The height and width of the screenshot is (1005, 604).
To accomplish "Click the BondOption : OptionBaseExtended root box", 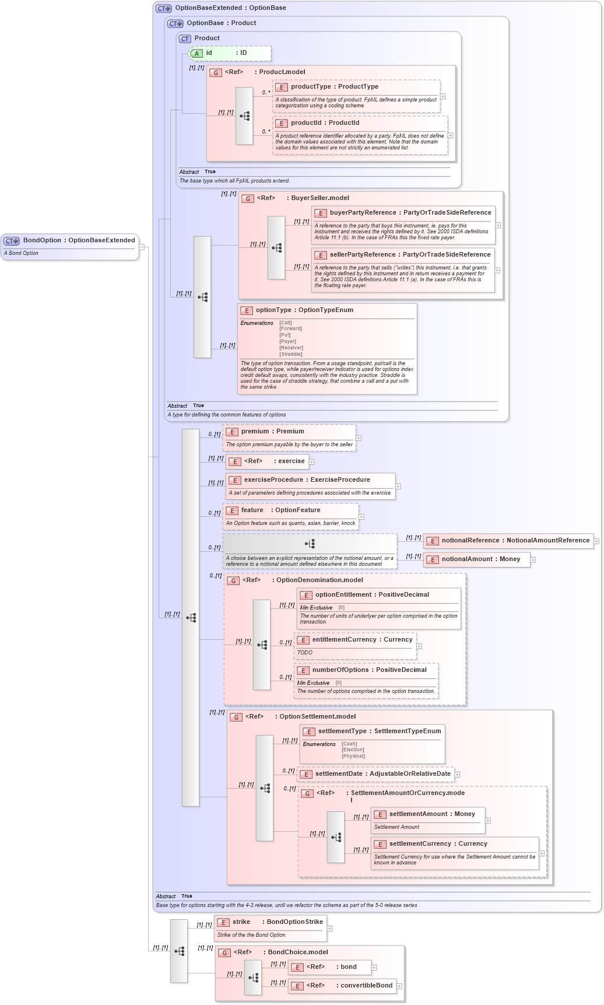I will [70, 241].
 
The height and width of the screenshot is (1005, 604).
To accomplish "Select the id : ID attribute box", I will [230, 53].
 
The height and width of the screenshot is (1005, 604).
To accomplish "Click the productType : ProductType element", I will [334, 87].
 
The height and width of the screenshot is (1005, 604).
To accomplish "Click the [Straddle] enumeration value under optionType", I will [290, 354].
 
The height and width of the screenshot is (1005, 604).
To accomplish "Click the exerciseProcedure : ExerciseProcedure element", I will [307, 480].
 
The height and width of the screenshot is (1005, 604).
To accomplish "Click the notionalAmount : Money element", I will [480, 559].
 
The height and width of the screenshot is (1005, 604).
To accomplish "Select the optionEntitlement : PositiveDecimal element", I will [372, 595].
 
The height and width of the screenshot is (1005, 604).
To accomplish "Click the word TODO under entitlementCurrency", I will [305, 653].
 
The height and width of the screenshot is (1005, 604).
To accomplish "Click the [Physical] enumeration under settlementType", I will [353, 756].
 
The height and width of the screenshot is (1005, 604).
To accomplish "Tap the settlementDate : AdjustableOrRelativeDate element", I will [382, 774].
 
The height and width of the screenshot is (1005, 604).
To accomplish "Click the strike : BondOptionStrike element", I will [277, 922].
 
